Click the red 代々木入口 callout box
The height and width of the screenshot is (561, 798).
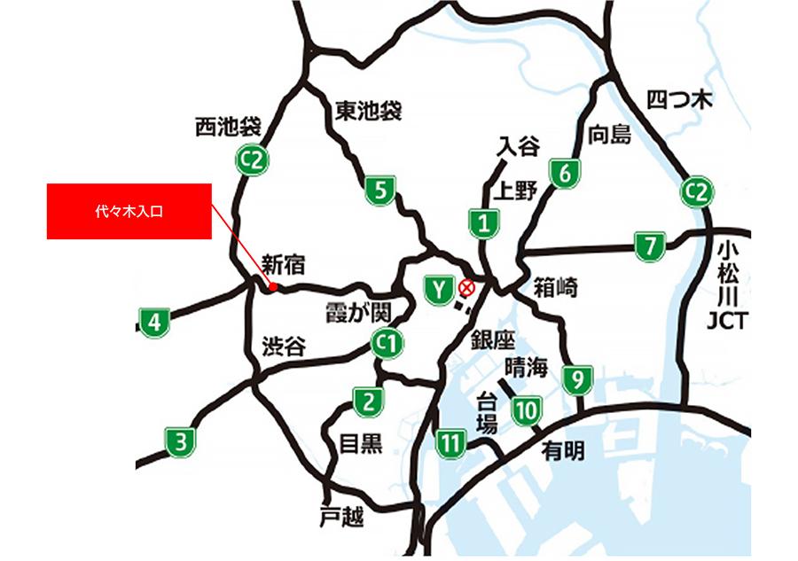pyautogui.click(x=129, y=211)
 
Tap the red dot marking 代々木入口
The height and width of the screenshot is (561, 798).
pyautogui.click(x=273, y=287)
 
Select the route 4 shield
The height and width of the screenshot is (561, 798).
pyautogui.click(x=154, y=322)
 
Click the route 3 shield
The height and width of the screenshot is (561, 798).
pyautogui.click(x=180, y=441)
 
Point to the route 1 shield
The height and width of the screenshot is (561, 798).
pyautogui.click(x=483, y=222)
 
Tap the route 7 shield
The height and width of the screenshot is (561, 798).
pyautogui.click(x=650, y=245)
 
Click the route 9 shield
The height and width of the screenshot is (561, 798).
pyautogui.click(x=577, y=380)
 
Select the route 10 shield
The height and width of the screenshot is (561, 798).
pyautogui.click(x=527, y=410)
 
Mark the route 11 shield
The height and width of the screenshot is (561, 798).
pyautogui.click(x=451, y=442)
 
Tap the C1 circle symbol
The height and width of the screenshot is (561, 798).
pyautogui.click(x=387, y=343)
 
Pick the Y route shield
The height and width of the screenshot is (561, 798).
pyautogui.click(x=438, y=290)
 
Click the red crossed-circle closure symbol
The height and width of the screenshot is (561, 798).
pyautogui.click(x=466, y=287)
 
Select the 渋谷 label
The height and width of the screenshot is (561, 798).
pyautogui.click(x=284, y=347)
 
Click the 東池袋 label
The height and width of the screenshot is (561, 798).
pyautogui.click(x=369, y=111)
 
